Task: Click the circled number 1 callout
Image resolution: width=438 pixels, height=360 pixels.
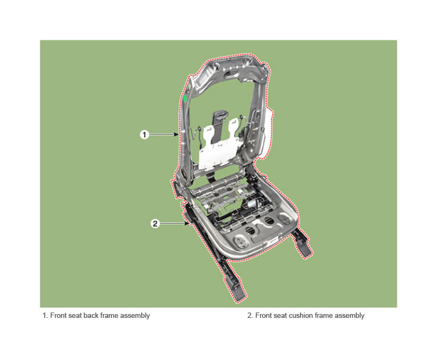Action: pos(144,135)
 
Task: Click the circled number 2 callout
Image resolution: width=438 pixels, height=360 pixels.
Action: pos(155,223)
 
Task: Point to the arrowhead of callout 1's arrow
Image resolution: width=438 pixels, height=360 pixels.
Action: pos(176,134)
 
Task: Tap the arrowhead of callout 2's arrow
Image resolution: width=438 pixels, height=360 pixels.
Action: pos(186,223)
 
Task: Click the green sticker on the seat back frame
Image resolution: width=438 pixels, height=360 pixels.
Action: pos(185,98)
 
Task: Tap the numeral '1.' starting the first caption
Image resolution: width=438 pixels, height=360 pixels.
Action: pos(45,315)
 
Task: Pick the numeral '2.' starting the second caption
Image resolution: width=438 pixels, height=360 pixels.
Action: pos(250,315)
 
